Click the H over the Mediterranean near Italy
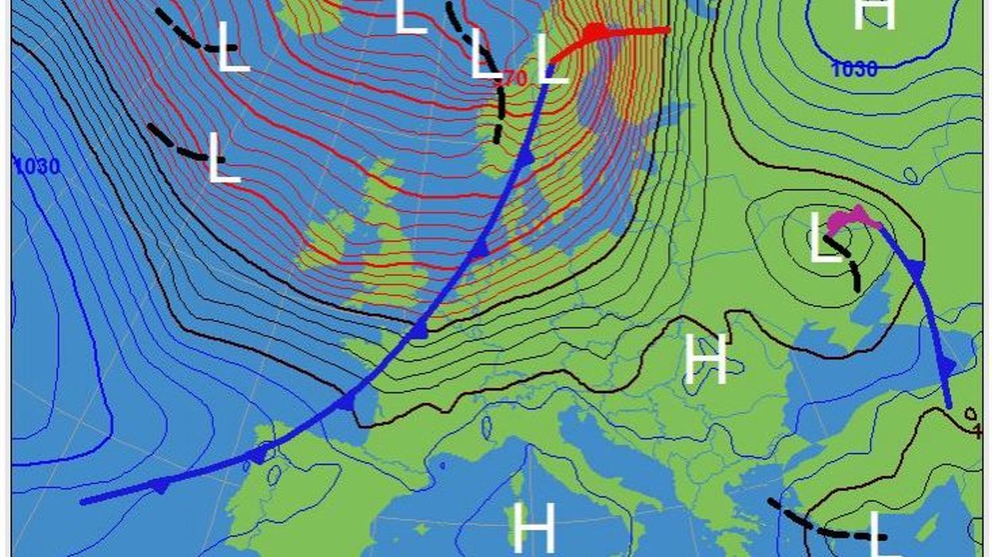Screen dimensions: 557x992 click(533, 528)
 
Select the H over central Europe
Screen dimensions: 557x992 click(706, 359)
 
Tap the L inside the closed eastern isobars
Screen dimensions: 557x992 click(824, 238)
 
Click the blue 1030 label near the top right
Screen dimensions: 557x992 click(854, 70)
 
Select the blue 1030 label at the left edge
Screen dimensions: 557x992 click(37, 168)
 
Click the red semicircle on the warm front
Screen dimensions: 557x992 click(595, 32)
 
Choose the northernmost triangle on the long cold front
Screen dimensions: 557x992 click(527, 157)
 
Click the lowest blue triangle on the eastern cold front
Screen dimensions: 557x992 click(946, 366)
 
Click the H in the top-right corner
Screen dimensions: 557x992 click(874, 14)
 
